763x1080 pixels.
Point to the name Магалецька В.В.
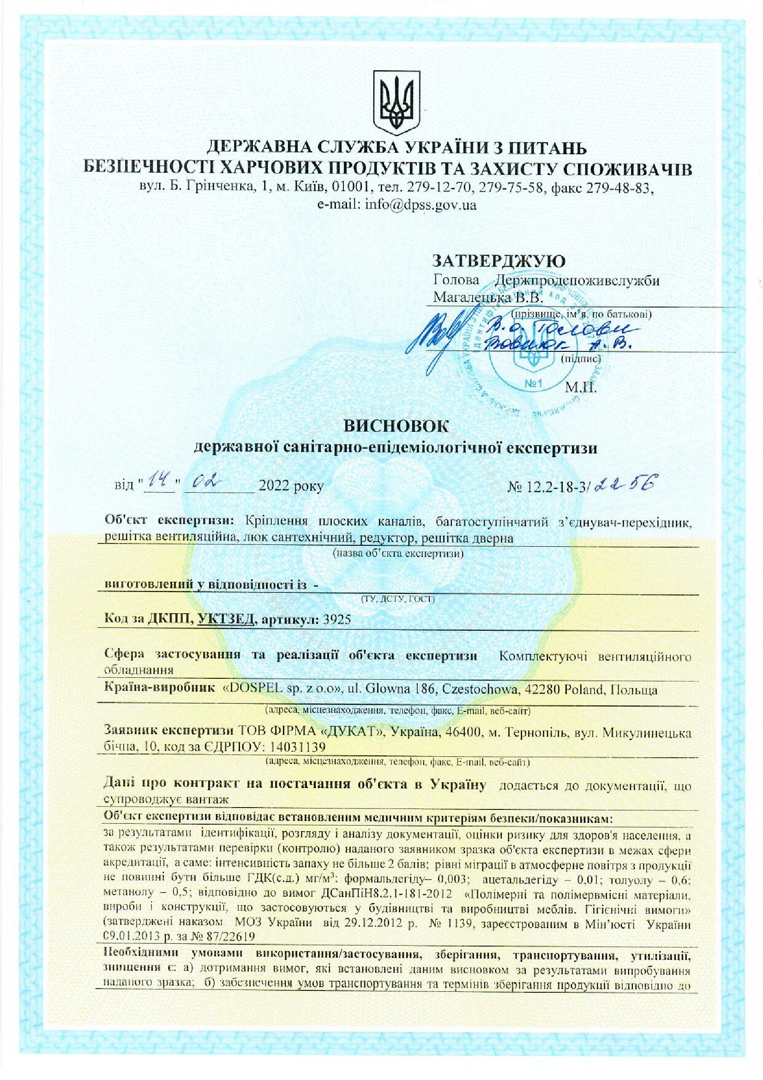click(487, 297)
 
